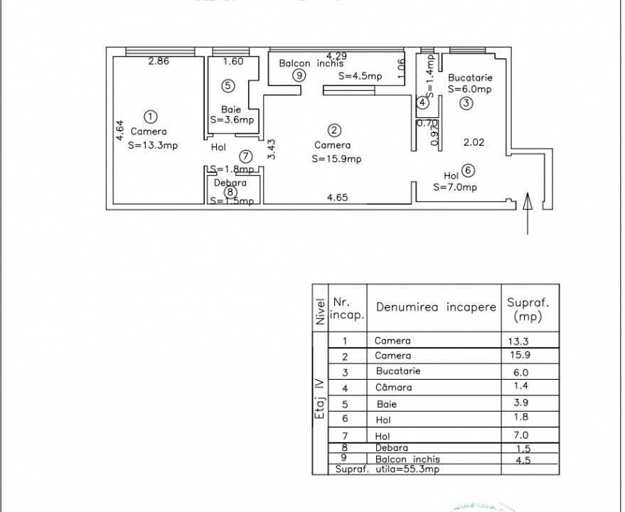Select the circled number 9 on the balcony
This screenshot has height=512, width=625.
(299, 75)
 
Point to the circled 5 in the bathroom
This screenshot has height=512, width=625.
(228, 86)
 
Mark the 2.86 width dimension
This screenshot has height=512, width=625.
(159, 62)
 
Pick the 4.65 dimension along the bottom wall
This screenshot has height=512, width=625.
(337, 198)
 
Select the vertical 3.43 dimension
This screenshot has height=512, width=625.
(271, 149)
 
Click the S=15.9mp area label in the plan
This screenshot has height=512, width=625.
(336, 159)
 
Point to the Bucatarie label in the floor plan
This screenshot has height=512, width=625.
(470, 78)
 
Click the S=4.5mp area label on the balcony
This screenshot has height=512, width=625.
(360, 76)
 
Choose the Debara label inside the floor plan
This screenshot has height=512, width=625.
(229, 183)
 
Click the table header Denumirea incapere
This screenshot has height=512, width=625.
(436, 307)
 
